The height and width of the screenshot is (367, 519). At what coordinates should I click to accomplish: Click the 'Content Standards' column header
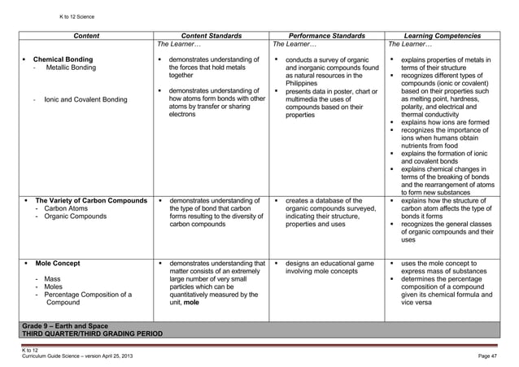point(210,36)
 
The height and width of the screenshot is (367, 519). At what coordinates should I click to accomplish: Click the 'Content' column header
point(87,36)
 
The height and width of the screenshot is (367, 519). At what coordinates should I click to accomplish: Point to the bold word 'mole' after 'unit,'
point(191,302)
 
